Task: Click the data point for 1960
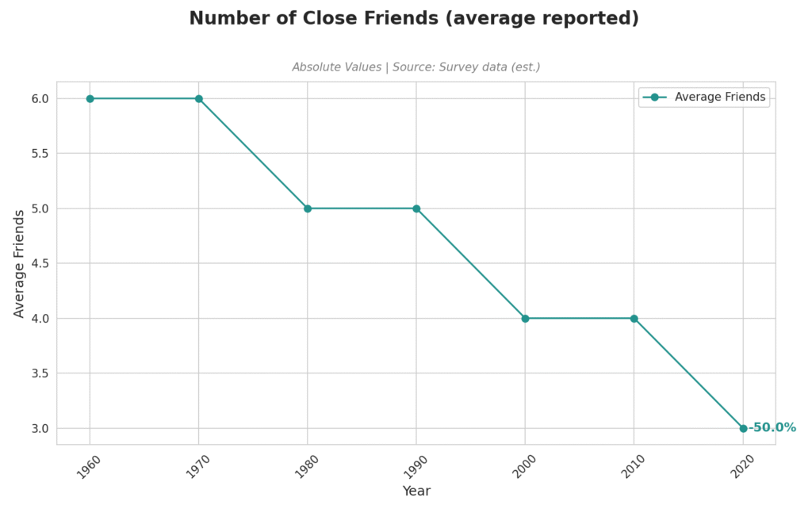pyautogui.click(x=90, y=98)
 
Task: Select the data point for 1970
pyautogui.click(x=199, y=98)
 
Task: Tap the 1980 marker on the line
pyautogui.click(x=308, y=209)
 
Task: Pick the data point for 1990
pyautogui.click(x=416, y=209)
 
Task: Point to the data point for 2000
pyautogui.click(x=525, y=318)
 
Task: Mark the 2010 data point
pyautogui.click(x=634, y=318)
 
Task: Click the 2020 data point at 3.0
pyautogui.click(x=743, y=428)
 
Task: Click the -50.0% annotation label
pyautogui.click(x=772, y=428)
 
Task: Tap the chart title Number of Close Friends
pyautogui.click(x=414, y=18)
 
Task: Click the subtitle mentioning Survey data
pyautogui.click(x=416, y=67)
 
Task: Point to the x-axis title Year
pyautogui.click(x=416, y=492)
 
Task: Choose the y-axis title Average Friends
pyautogui.click(x=20, y=263)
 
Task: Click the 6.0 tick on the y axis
pyautogui.click(x=40, y=98)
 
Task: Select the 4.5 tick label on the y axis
pyautogui.click(x=40, y=263)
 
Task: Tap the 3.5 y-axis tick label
pyautogui.click(x=40, y=373)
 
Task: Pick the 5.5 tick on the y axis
pyautogui.click(x=40, y=153)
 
